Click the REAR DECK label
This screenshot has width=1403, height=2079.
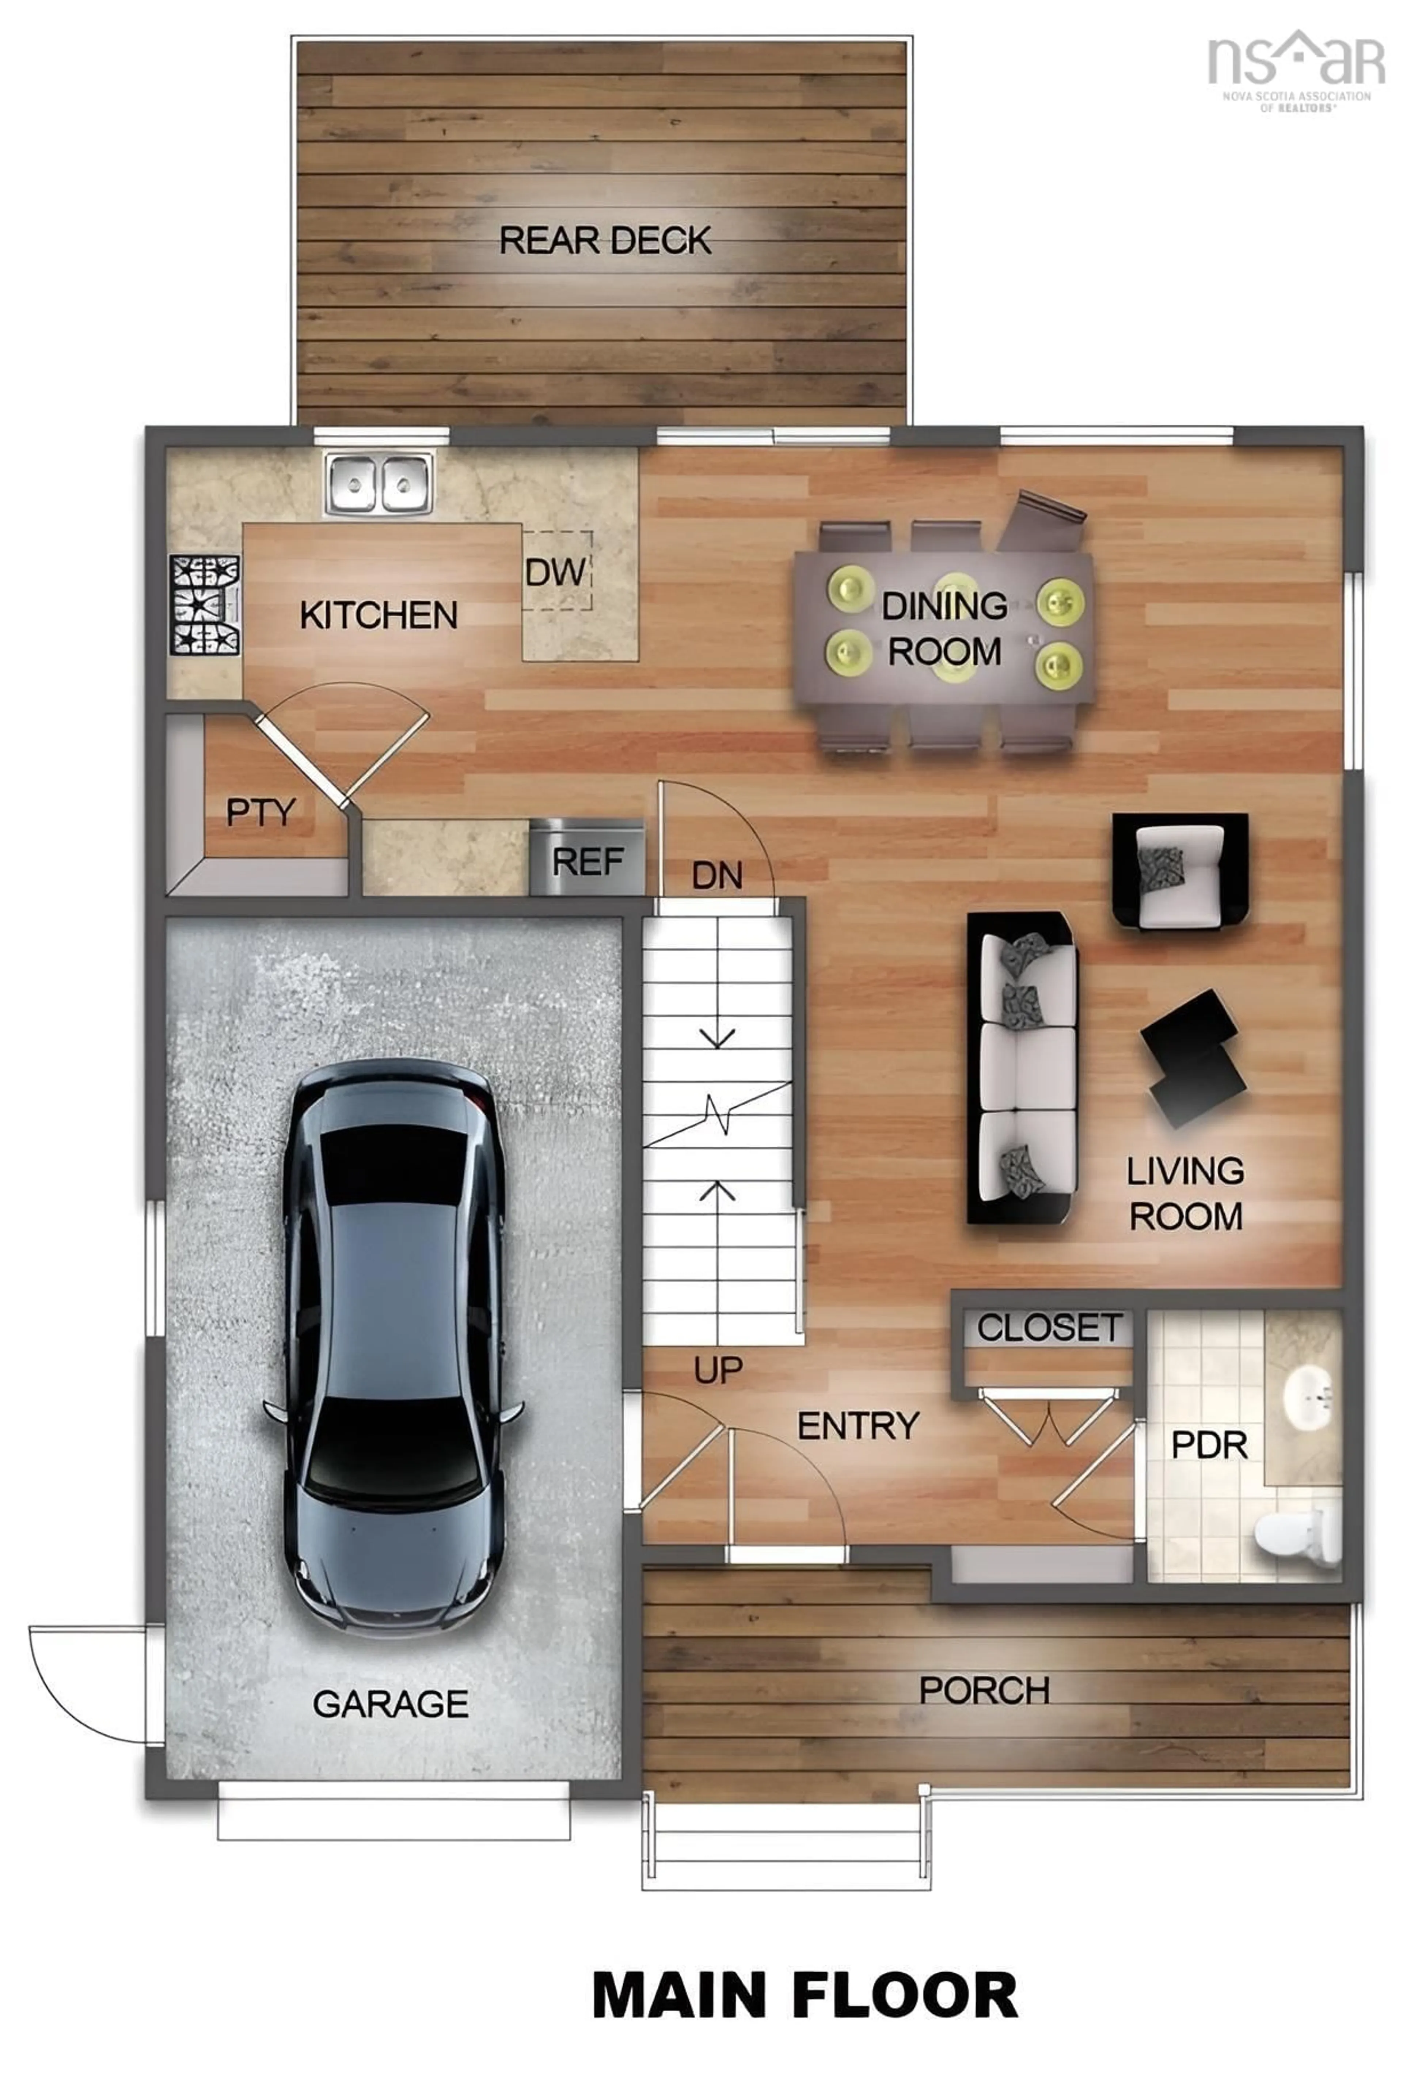pyautogui.click(x=605, y=240)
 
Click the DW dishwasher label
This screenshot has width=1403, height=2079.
pyautogui.click(x=556, y=572)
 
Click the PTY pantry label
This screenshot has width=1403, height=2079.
pyautogui.click(x=261, y=812)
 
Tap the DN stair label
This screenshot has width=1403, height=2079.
pyautogui.click(x=717, y=876)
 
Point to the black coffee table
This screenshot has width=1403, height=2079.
pyautogui.click(x=1194, y=1058)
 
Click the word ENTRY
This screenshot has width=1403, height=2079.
pyautogui.click(x=857, y=1426)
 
